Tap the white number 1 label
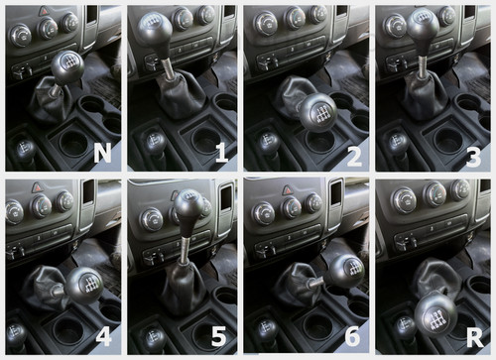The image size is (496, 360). tap(221, 153)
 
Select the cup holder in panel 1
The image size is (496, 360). tap(206, 140)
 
